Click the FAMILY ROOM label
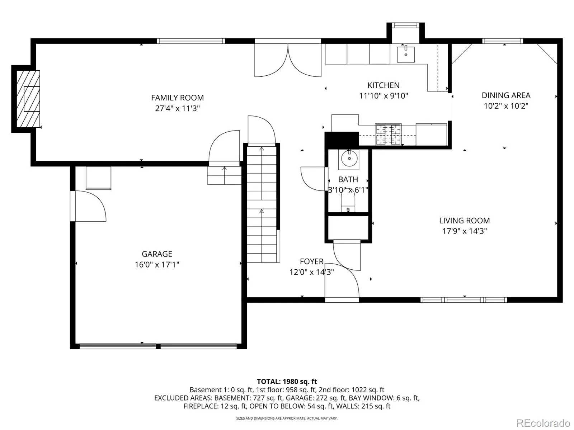[x=177, y=98]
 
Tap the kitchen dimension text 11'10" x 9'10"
[x=384, y=96]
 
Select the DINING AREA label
[x=506, y=95]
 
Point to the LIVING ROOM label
[x=465, y=221]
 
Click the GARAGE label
[x=157, y=254]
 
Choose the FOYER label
[x=312, y=261]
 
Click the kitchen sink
[x=406, y=54]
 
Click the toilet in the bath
[x=348, y=200]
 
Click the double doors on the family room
[x=288, y=60]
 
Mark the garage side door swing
[x=90, y=206]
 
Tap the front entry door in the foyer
[x=342, y=280]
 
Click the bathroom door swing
[x=313, y=179]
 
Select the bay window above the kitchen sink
[x=406, y=25]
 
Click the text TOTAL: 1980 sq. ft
[x=287, y=382]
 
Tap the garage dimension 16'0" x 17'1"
[x=157, y=265]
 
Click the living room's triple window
[x=464, y=300]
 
